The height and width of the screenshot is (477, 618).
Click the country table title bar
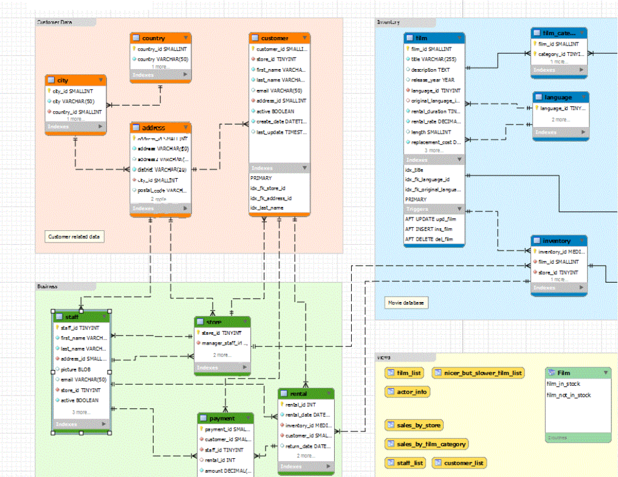coord(159,38)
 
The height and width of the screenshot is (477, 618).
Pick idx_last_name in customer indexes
coord(267,208)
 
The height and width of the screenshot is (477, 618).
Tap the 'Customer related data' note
coord(74,236)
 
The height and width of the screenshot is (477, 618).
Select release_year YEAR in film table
coord(433,80)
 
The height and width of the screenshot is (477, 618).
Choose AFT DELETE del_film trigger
coord(429,239)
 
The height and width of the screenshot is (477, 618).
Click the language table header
coord(559,97)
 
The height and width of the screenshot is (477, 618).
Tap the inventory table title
coord(557,241)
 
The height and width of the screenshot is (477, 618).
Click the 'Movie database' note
coord(407,303)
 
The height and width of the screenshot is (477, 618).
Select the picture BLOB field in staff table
coord(75,369)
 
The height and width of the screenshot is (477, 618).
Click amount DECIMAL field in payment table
coord(227,471)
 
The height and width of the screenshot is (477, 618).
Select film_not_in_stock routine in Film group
coord(569,395)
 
